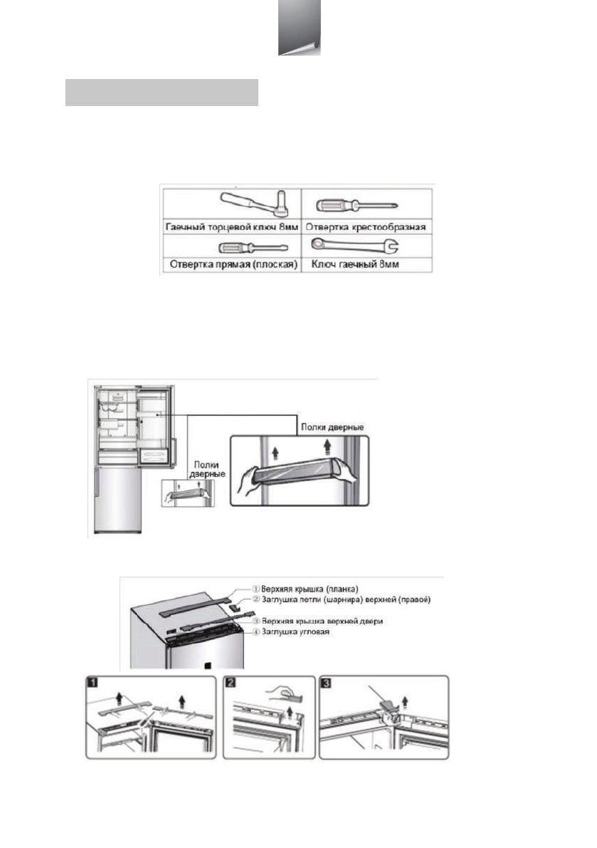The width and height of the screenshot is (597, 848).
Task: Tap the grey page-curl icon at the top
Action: [x=299, y=28]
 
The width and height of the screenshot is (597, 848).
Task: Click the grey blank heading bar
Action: [x=162, y=93]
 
